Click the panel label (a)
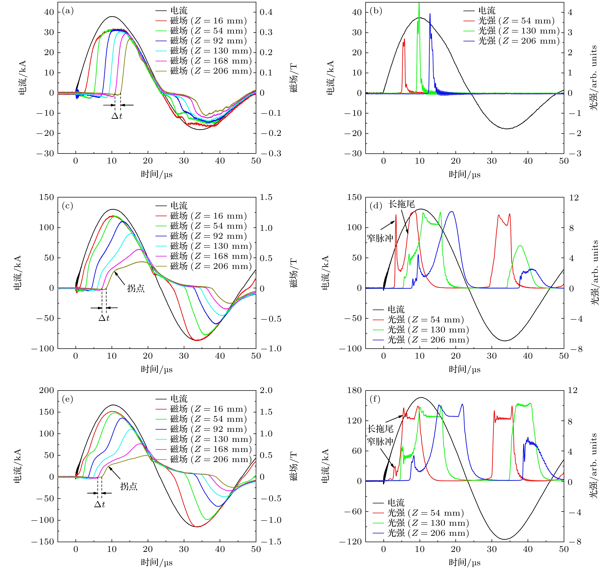[68, 11]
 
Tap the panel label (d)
[376, 206]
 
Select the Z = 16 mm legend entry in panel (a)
[208, 21]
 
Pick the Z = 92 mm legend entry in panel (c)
[208, 236]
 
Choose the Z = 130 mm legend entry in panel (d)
[428, 330]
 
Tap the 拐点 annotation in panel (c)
[136, 288]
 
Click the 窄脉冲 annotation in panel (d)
[380, 238]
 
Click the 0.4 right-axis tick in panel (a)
[266, 12]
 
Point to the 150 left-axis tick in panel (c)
[46, 197]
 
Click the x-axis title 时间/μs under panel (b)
[464, 174]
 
